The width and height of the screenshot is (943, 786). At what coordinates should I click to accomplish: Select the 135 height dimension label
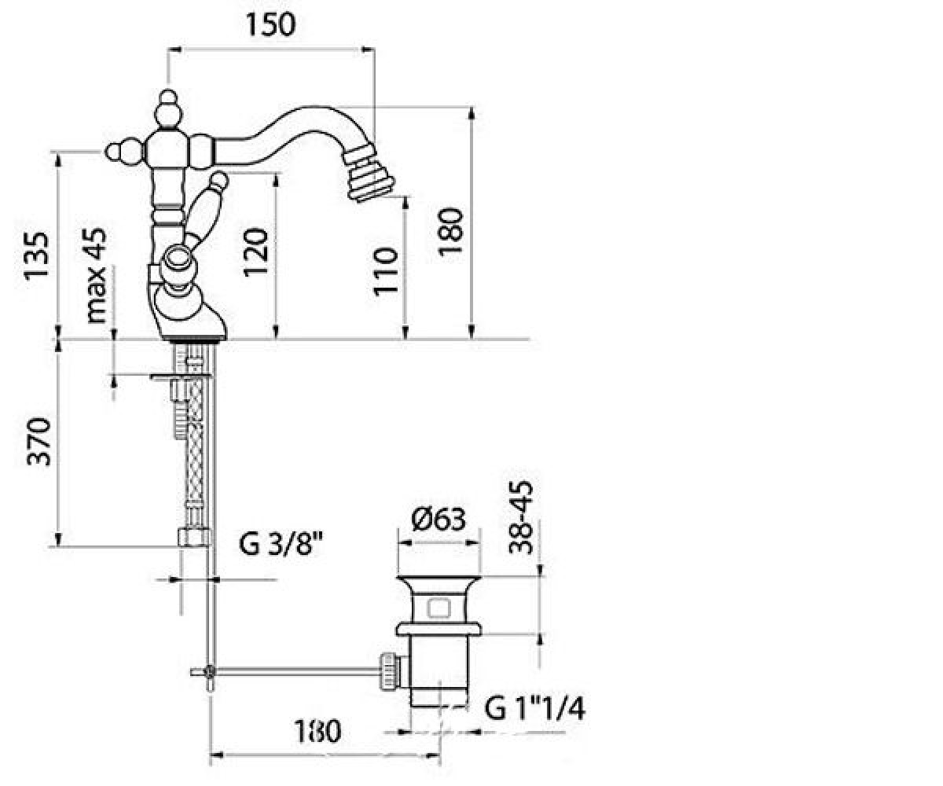[37, 256]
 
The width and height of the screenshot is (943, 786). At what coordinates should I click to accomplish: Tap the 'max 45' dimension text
[96, 275]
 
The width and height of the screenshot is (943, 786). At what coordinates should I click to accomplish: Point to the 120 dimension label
[255, 252]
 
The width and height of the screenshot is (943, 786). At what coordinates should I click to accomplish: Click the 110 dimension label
[387, 271]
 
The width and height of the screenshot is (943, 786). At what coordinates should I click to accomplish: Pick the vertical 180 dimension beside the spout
[451, 232]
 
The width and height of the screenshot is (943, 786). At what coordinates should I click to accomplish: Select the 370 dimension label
[39, 441]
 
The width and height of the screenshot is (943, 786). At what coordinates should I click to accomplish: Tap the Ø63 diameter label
[438, 519]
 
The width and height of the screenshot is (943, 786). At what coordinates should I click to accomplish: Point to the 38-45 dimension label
[521, 518]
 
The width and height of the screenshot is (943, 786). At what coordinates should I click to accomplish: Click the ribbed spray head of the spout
[367, 177]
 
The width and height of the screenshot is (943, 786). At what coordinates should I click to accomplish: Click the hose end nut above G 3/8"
[194, 537]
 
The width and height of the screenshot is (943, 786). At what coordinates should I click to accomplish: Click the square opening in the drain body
[439, 608]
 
